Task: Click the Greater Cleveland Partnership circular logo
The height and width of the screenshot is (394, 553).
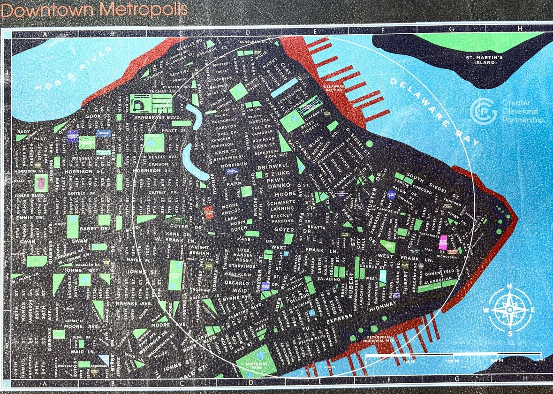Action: [x=483, y=111]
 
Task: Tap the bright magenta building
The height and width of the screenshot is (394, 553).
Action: [x=443, y=242]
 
